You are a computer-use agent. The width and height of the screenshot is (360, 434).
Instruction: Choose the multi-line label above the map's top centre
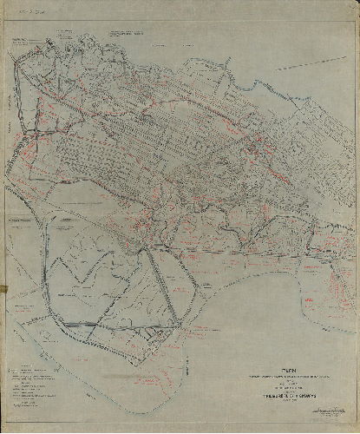130,32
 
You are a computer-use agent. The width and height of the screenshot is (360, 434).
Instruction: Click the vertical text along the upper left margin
8,78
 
